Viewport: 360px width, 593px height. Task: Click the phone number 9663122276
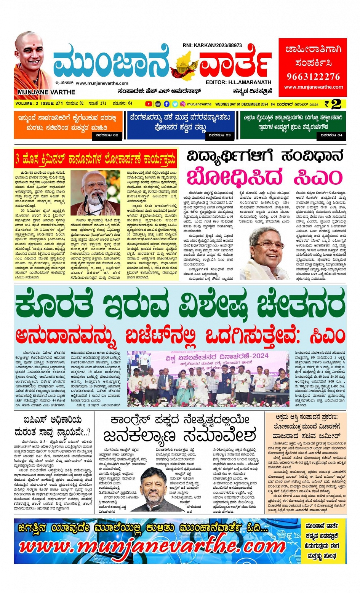click(313, 77)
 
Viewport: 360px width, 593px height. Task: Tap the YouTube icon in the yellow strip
click(149, 104)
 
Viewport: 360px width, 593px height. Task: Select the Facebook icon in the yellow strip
click(166, 104)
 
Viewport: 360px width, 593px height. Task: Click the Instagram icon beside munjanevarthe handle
click(183, 104)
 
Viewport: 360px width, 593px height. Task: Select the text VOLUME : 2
click(27, 104)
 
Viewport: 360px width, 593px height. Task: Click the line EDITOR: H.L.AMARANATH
click(238, 82)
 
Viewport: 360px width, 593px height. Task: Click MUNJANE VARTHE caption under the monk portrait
click(46, 92)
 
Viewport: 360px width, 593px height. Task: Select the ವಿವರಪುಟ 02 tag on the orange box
click(107, 135)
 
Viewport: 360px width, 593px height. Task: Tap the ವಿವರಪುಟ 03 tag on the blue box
click(220, 135)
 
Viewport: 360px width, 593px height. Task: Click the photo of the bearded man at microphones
click(96, 193)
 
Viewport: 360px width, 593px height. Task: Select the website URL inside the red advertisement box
click(313, 87)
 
